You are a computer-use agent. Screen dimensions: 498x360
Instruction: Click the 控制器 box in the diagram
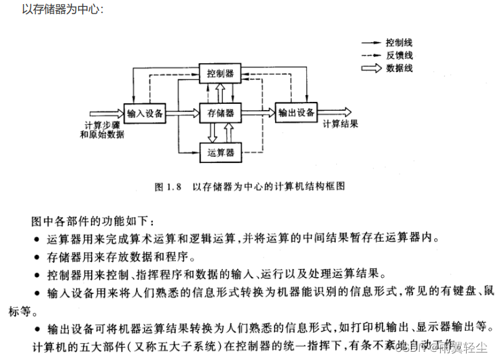(x=220, y=72)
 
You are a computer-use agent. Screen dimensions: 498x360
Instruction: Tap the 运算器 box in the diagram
(x=220, y=152)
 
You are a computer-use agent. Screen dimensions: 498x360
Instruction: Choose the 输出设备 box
(x=296, y=112)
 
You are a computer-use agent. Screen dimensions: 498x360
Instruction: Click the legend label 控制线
(x=399, y=42)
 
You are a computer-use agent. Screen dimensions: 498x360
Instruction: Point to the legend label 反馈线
(x=399, y=55)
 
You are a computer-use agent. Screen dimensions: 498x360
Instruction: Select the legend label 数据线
(x=399, y=68)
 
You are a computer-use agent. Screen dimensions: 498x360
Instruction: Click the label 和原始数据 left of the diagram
(x=102, y=134)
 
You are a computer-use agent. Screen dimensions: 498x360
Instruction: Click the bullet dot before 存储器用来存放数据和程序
(x=36, y=258)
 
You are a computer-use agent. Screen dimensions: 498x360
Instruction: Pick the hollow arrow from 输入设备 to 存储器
(x=182, y=113)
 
